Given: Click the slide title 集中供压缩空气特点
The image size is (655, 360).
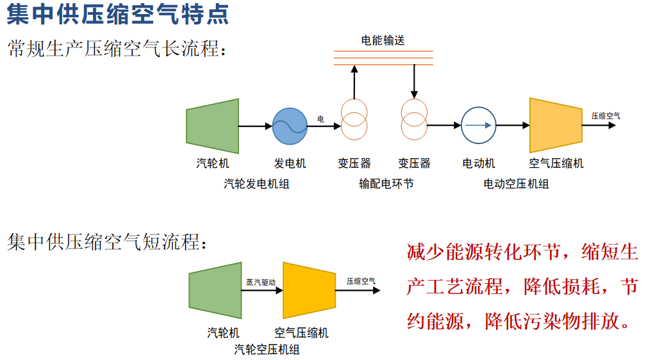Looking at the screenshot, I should tap(117, 15).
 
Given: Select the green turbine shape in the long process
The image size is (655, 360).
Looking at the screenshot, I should tap(212, 126).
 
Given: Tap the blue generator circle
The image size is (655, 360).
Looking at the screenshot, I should tap(290, 126).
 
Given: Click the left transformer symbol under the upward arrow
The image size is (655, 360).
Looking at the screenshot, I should tap(354, 119).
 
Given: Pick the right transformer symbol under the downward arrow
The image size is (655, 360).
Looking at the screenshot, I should tap(414, 119).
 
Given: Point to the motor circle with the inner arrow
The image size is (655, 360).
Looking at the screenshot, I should tap(479, 126).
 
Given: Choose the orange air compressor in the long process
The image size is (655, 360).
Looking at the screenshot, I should tap(555, 125).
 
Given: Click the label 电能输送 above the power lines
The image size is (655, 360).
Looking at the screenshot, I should tap(383, 40).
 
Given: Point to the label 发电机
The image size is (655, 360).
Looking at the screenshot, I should tap(290, 163).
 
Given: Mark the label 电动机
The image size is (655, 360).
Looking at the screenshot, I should tap(479, 163).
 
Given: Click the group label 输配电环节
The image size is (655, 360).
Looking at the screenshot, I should tap(386, 184).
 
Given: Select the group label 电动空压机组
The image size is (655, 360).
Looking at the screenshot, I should tap(516, 184).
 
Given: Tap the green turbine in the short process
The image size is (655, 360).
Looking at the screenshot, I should tap(215, 290).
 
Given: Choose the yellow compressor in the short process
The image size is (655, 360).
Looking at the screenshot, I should tap(309, 290).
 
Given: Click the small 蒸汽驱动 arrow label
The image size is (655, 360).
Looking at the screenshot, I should tap(261, 282).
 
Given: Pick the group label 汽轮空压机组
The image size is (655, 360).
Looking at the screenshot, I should tap(267, 350).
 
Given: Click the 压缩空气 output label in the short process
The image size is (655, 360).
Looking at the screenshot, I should tap(361, 281).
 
